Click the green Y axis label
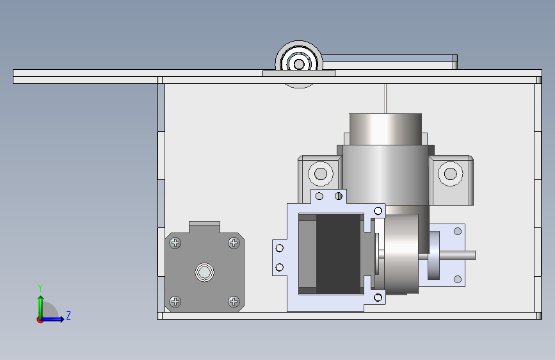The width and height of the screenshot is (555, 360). [40, 288]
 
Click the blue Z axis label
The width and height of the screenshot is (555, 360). [68, 315]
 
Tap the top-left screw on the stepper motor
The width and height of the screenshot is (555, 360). [175, 243]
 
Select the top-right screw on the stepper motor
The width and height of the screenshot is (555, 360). [234, 243]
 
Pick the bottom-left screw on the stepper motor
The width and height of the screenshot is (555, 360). [175, 302]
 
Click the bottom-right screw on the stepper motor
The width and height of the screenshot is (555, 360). [234, 302]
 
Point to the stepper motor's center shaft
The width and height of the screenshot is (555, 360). [205, 272]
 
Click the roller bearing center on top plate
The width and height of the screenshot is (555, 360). [299, 65]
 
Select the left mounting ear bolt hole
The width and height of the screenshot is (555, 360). [321, 174]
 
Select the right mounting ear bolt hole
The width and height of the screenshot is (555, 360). [450, 174]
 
